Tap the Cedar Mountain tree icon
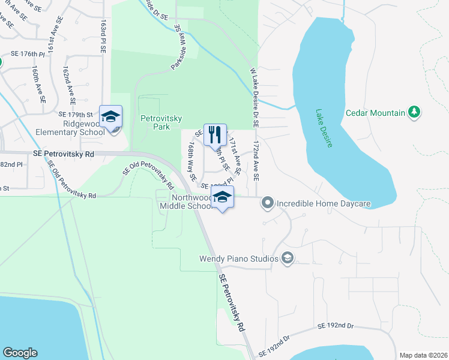[x=414, y=112]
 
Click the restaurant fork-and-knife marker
[x=215, y=134]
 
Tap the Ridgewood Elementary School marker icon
[x=110, y=116]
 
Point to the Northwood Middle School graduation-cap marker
[x=222, y=198]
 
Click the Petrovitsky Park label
[x=161, y=123]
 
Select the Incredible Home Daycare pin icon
[x=268, y=203]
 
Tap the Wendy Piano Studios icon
[x=287, y=259]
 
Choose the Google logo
[x=20, y=353]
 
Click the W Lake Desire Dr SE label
[x=255, y=98]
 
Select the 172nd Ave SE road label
[x=256, y=161]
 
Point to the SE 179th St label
[x=76, y=114]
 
